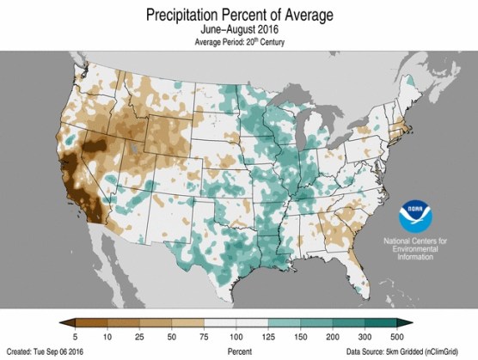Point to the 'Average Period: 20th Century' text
239,41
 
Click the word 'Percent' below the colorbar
239,351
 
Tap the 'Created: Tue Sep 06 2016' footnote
49,351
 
